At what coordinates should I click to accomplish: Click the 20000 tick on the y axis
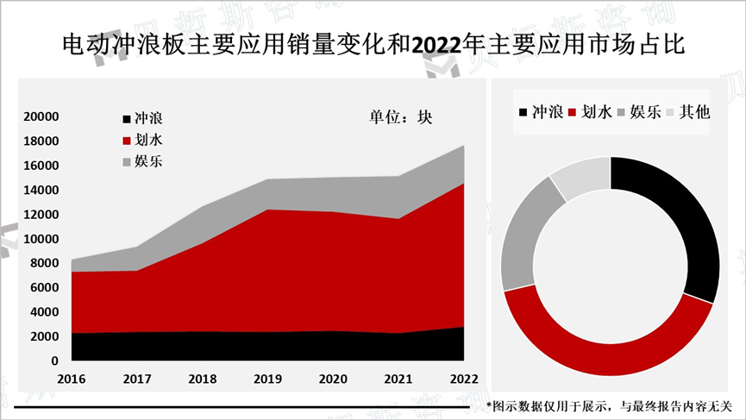point(41,116)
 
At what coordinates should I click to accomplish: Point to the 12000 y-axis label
point(41,214)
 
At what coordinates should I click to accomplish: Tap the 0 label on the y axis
point(54,360)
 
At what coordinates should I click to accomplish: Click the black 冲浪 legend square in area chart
point(126,118)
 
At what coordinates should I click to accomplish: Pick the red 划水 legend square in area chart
point(126,140)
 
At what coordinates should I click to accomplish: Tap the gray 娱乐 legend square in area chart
point(126,161)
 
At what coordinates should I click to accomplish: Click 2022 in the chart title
point(436,45)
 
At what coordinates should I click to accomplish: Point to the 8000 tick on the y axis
point(44,263)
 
